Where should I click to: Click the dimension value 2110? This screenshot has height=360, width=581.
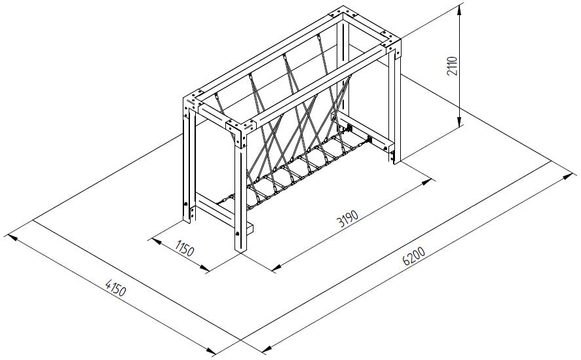[x=453, y=66]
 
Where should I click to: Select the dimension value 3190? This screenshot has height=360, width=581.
[x=348, y=219]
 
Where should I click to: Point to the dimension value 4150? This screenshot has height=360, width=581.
[x=116, y=288]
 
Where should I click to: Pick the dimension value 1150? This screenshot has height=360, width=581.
[x=184, y=248]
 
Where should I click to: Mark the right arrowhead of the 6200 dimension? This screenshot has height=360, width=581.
[x=568, y=177]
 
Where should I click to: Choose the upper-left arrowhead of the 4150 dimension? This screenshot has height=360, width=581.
[x=12, y=238]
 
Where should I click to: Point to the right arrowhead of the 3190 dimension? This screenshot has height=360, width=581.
[x=427, y=181]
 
